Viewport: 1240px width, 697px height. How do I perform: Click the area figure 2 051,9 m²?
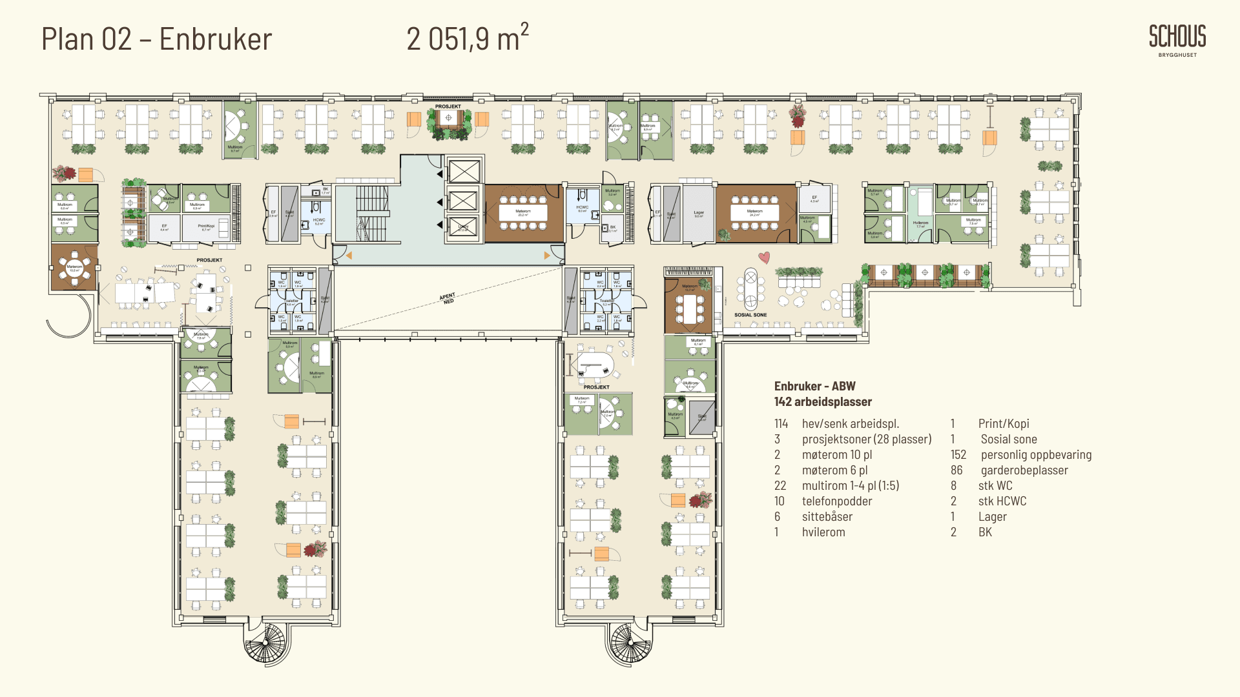click(x=467, y=39)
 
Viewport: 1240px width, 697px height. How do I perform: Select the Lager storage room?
click(x=698, y=213)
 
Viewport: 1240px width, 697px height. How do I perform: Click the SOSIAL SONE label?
click(x=750, y=315)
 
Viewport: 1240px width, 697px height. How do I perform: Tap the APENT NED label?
click(x=448, y=298)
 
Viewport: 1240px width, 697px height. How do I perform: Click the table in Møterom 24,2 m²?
click(x=754, y=212)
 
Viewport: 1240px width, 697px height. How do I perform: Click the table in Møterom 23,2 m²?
click(x=523, y=212)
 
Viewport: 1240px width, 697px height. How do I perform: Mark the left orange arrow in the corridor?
click(x=349, y=256)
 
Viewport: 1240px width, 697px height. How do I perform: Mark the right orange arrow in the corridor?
click(x=547, y=256)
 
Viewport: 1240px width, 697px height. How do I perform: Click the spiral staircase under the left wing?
click(x=264, y=643)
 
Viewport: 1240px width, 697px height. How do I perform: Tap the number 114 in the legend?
click(x=781, y=424)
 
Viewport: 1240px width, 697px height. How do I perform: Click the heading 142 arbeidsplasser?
click(x=823, y=402)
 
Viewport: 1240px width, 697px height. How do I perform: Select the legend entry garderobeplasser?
click(x=1024, y=470)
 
